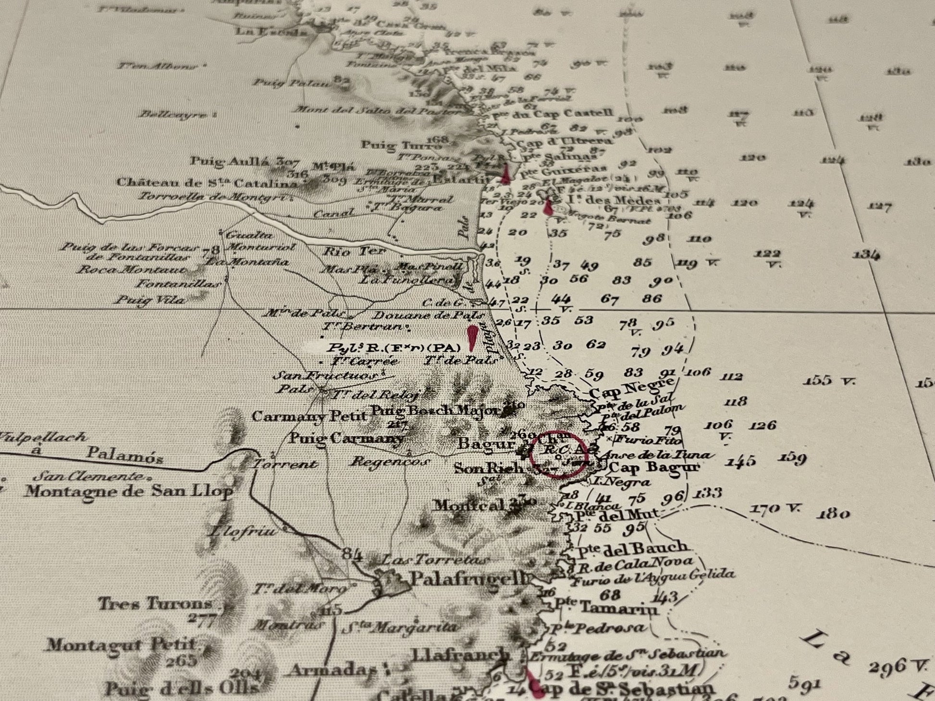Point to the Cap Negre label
tap(631, 387)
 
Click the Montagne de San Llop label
tap(129, 491)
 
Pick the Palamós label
tap(125, 454)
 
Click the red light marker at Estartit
tap(505, 174)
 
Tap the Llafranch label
tap(460, 654)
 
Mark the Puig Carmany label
tap(346, 438)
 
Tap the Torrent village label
tap(284, 464)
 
